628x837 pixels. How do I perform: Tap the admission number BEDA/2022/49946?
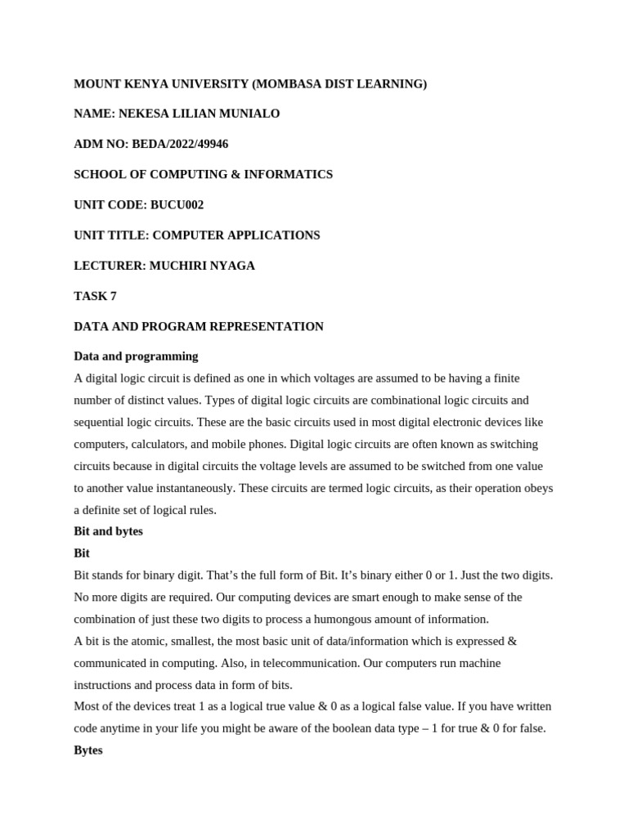(x=180, y=144)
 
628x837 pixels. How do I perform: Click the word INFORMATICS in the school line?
(x=294, y=174)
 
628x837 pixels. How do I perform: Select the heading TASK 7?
(x=95, y=296)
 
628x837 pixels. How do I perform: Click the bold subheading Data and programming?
(x=136, y=356)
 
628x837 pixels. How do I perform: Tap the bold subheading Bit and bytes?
(x=108, y=531)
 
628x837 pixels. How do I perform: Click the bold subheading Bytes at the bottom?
(x=88, y=750)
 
